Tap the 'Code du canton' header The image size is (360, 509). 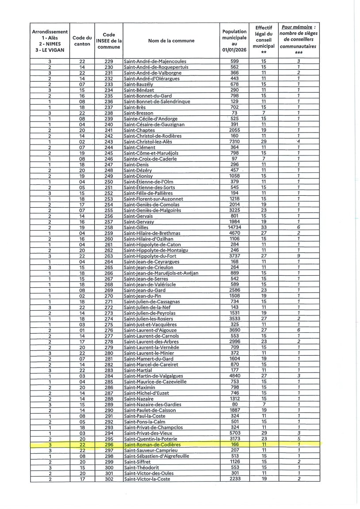[x=82, y=41]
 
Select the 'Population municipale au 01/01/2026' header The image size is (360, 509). [x=234, y=41]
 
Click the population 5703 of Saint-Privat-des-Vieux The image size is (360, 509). [x=234, y=433]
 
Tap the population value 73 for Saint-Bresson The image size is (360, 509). [x=234, y=113]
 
